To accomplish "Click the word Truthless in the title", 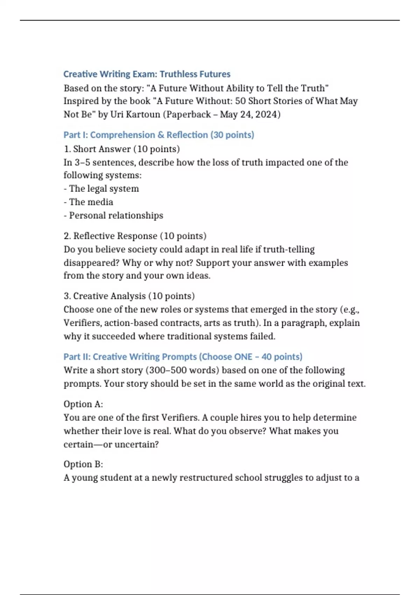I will coord(177,74).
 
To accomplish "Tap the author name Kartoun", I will coord(142,114).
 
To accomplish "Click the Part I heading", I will coord(159,135).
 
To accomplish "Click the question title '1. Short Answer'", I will coord(102,149).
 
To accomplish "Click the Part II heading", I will coord(183,357).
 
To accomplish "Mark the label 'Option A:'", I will coord(83,404).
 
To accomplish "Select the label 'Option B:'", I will coord(83,464).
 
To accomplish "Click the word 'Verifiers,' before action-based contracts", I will coord(83,323).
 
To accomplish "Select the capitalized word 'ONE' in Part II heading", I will coord(243,357).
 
